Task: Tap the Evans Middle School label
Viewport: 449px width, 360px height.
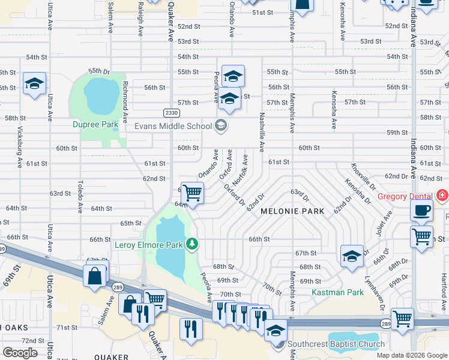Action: tap(173, 126)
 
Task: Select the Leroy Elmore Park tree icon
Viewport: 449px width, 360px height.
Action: tap(192, 244)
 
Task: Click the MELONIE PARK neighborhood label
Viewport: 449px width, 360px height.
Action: tap(292, 211)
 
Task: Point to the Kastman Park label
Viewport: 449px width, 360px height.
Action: tap(338, 292)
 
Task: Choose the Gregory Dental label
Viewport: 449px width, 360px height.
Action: tap(405, 196)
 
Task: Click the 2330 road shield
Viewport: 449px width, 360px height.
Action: tap(170, 112)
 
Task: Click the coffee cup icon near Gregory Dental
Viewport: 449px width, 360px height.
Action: tap(422, 211)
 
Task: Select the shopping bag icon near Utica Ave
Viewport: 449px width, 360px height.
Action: tap(95, 277)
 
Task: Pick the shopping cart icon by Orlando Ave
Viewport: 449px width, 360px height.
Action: tap(192, 193)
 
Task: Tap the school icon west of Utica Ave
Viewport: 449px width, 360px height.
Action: tap(34, 83)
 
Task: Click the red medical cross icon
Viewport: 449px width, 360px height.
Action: tap(443, 196)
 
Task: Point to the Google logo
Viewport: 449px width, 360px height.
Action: tap(20, 352)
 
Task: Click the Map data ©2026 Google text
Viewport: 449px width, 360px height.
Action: tap(412, 355)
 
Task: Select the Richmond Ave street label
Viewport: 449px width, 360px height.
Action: tap(125, 99)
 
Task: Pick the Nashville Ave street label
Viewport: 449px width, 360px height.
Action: tap(262, 133)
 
